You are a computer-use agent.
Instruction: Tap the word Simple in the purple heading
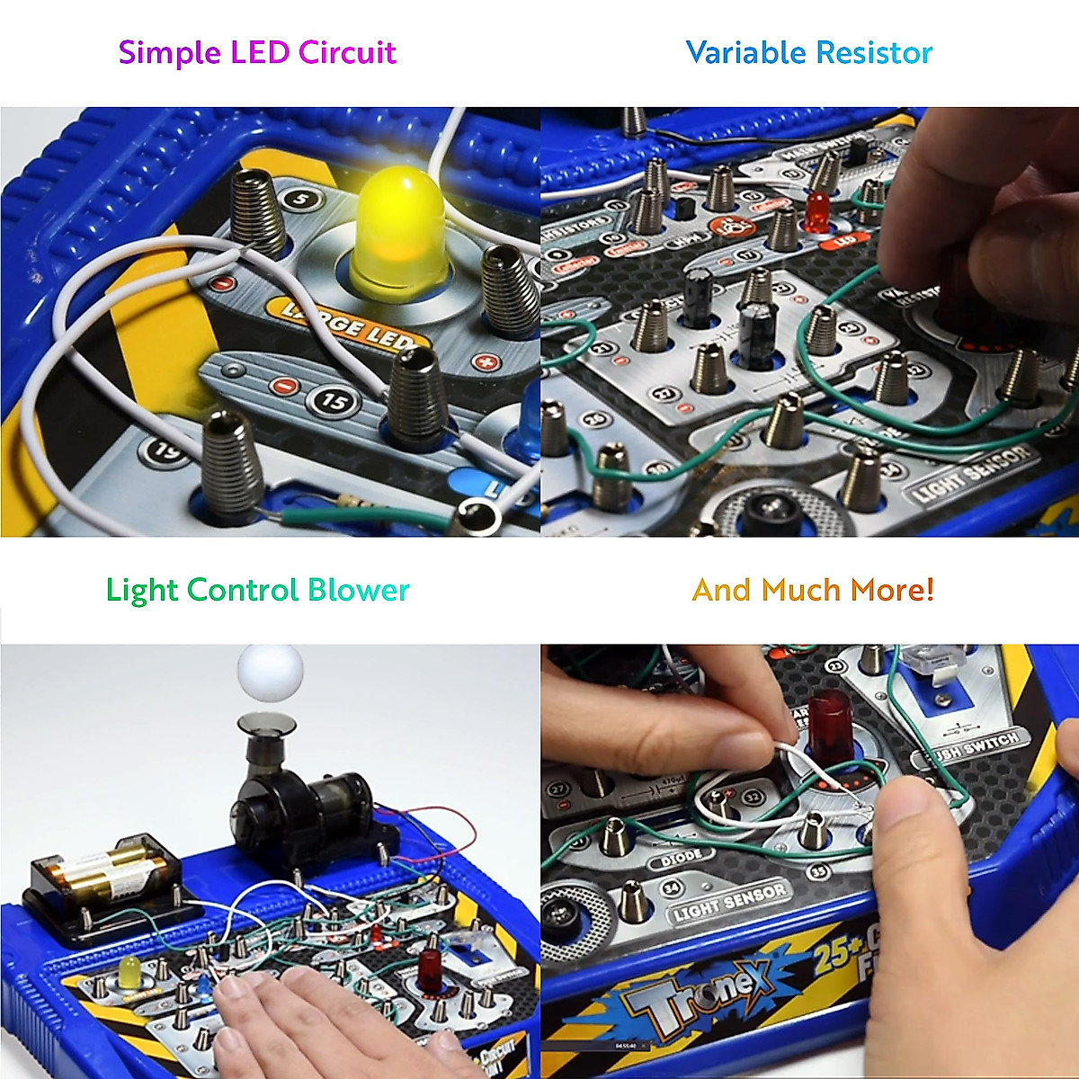(170, 52)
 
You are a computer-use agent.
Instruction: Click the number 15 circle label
(333, 401)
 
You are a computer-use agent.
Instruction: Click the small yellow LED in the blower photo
(129, 973)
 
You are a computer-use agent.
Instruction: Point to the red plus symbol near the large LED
(486, 363)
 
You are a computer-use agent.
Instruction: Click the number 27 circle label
(559, 789)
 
